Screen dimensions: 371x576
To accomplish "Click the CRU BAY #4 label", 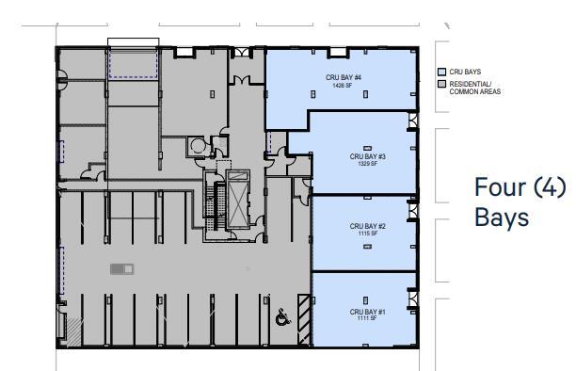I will pos(341,78).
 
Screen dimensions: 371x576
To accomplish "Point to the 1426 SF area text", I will pos(341,86).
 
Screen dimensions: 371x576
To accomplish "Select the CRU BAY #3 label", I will pos(369,156).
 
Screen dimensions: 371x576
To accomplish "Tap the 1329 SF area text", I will pos(369,164).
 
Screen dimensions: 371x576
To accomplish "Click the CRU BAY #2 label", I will pos(369,226).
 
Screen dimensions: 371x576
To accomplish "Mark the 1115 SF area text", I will pos(369,234).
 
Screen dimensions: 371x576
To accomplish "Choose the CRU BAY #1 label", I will pos(369,312).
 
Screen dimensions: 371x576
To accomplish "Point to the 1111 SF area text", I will pos(369,319).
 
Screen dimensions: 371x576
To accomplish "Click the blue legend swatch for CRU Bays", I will pos(441,73).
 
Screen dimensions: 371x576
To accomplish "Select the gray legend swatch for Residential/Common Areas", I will pos(441,84).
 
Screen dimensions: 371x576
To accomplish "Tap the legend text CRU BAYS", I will pos(465,73).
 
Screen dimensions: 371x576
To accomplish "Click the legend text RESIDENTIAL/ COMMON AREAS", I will pos(475,88).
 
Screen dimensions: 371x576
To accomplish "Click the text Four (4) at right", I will pos(520,187).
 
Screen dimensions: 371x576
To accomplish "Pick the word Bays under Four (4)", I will pos(502,218).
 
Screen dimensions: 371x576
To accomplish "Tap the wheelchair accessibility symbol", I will pos(281,318).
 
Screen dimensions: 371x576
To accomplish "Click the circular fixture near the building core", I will pos(197,146).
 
